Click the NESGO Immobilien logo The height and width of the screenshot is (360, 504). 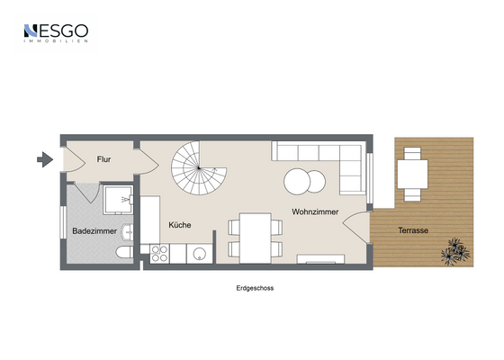coord(55,33)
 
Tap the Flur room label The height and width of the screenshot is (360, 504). coord(104,160)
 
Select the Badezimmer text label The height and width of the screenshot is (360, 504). coord(93,231)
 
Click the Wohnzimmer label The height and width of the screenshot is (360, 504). coord(313,212)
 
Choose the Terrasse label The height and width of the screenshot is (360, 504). coord(414,230)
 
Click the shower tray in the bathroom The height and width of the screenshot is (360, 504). coord(116,201)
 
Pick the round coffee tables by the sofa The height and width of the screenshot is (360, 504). coord(304,182)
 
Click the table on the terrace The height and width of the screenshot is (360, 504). coord(413,170)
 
